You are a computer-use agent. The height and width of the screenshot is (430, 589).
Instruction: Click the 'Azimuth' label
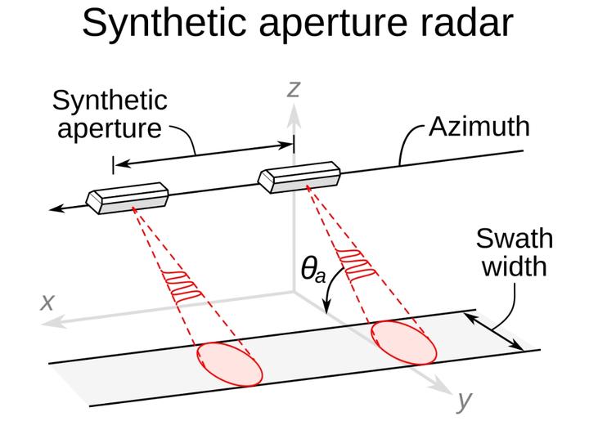[x=479, y=128]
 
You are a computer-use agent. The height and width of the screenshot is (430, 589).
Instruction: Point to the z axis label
[x=293, y=87]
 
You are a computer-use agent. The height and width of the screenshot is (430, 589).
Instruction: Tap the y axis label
[x=465, y=401]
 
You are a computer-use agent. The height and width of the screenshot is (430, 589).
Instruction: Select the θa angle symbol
[x=312, y=269]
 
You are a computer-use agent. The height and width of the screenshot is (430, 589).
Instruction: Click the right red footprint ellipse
[x=402, y=341]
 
